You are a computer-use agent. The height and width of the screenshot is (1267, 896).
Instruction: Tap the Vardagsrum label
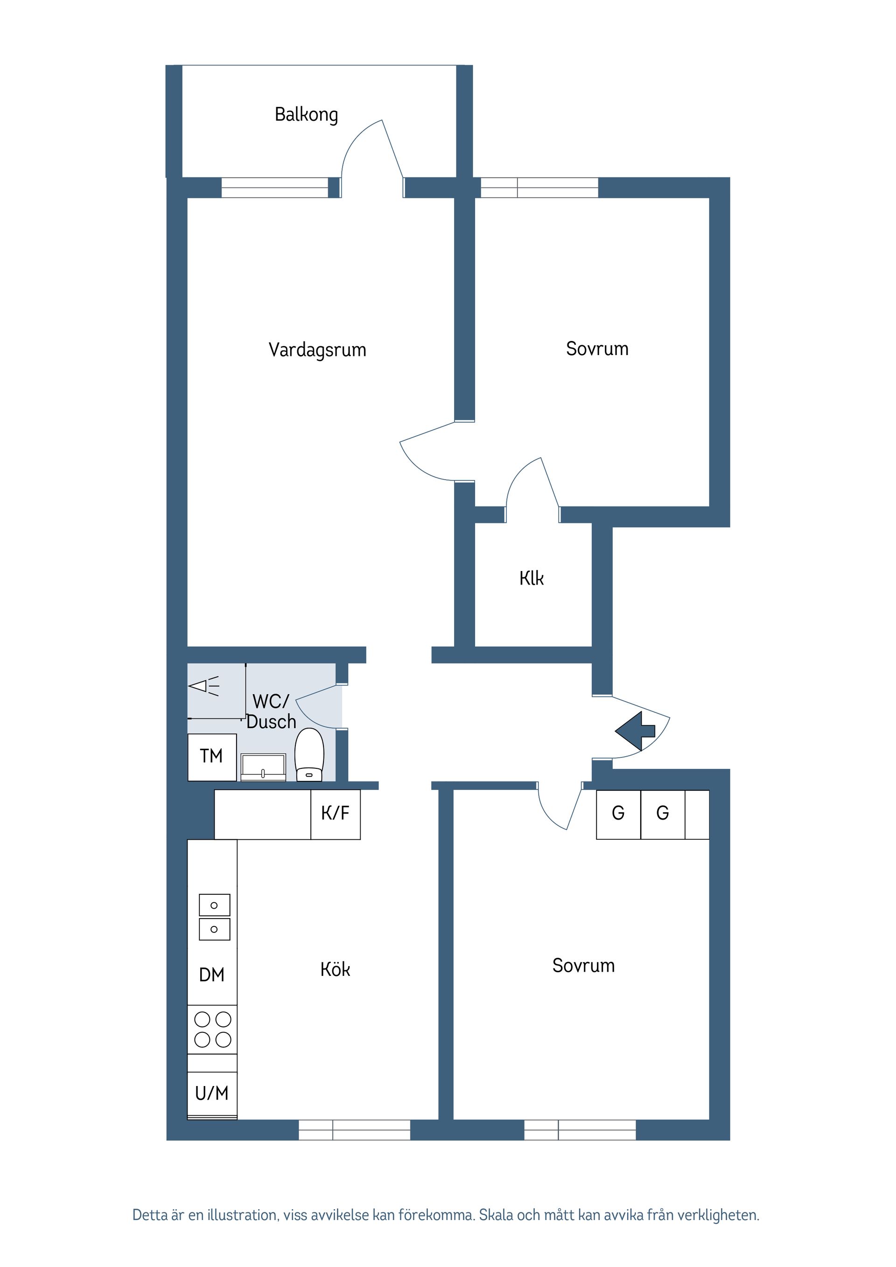point(317,350)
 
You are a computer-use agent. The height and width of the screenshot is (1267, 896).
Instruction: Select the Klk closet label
point(532,578)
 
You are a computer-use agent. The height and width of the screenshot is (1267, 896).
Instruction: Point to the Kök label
point(335,969)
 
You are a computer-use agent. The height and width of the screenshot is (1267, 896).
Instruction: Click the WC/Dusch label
point(271,711)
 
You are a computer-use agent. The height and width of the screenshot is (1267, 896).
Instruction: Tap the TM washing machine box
point(212,757)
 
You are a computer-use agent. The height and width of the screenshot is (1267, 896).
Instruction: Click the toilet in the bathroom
point(309,754)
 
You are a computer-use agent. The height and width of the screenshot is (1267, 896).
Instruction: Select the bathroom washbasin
point(263,767)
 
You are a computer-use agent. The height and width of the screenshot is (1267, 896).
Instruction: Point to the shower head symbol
point(204,686)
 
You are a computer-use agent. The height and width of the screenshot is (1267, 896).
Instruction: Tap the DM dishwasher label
point(211,975)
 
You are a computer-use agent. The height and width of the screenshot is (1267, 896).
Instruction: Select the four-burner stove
point(212,1029)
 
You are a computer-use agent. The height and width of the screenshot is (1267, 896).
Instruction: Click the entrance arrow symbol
point(635,731)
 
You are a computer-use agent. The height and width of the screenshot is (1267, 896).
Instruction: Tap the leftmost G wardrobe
point(618,814)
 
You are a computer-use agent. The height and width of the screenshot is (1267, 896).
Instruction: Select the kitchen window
point(354,1129)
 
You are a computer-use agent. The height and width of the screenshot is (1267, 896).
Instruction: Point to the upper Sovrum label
point(597,349)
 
